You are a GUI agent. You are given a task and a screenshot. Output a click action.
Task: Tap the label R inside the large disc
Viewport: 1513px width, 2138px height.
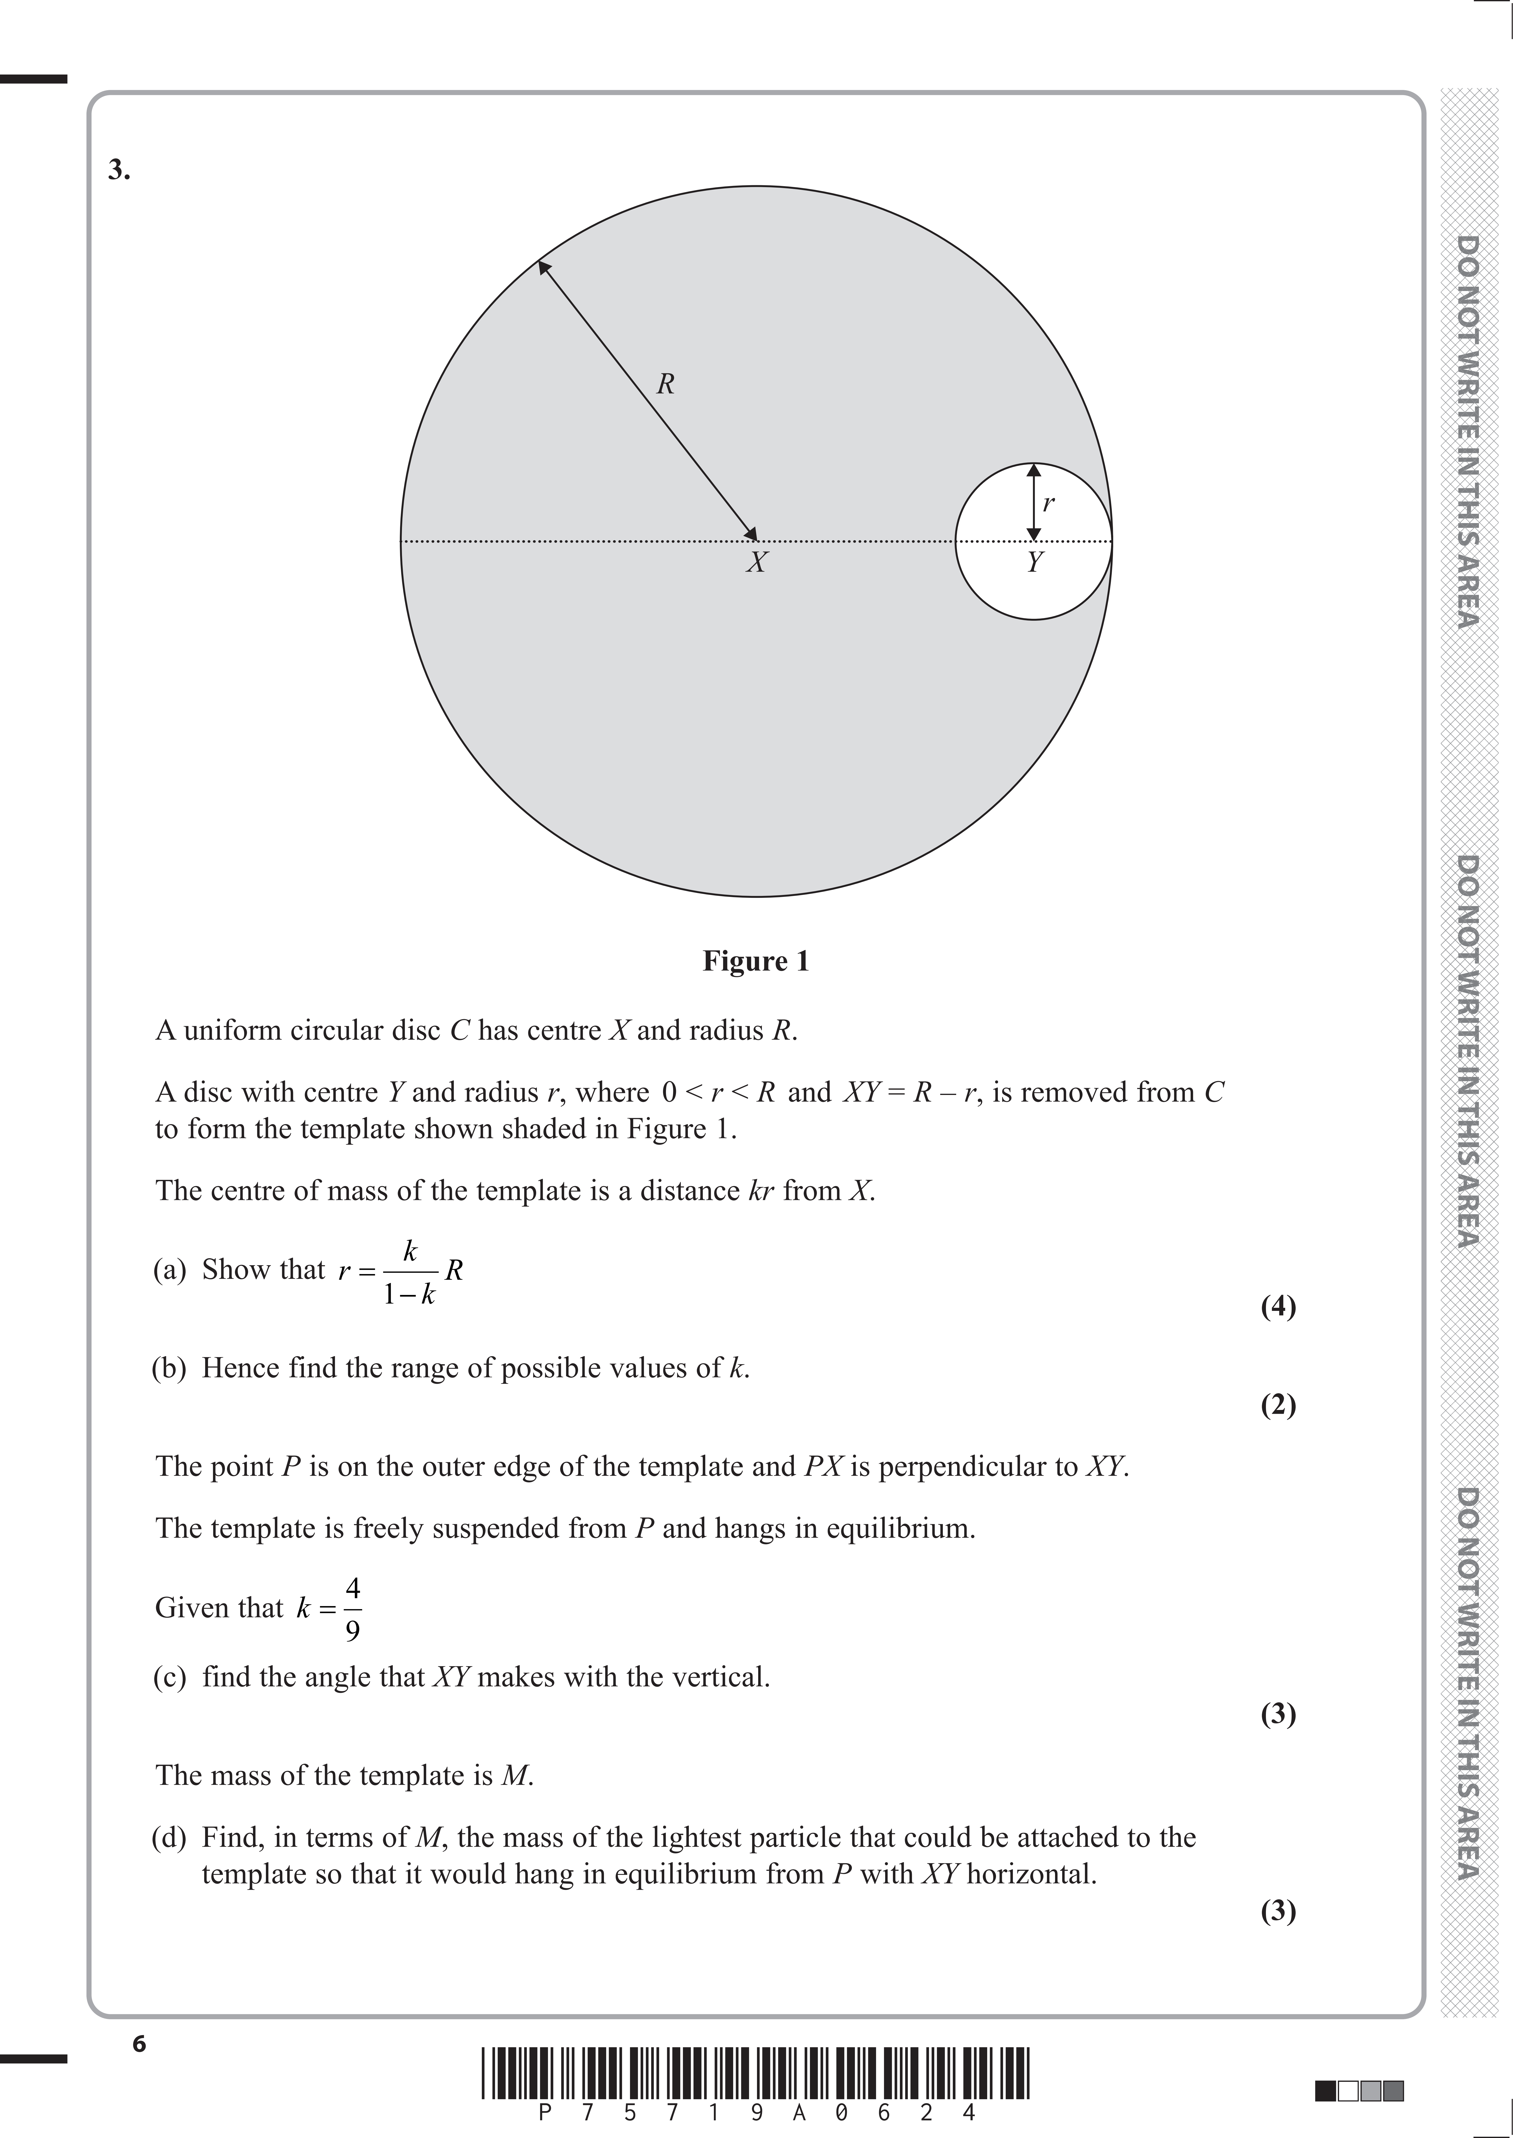pyautogui.click(x=665, y=384)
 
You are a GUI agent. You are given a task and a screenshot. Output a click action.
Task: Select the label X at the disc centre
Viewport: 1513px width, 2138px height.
pyautogui.click(x=756, y=562)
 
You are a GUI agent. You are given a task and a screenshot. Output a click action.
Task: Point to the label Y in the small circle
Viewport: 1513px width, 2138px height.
pyautogui.click(x=1034, y=561)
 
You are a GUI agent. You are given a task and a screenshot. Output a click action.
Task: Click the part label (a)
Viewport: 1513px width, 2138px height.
pyautogui.click(x=170, y=1269)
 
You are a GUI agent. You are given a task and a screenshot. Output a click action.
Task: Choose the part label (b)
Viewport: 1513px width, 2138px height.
pyautogui.click(x=170, y=1368)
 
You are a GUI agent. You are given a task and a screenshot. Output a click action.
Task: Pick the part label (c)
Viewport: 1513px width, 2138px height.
pyautogui.click(x=170, y=1677)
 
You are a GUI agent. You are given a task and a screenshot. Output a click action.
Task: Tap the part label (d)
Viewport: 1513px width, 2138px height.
pyautogui.click(x=170, y=1837)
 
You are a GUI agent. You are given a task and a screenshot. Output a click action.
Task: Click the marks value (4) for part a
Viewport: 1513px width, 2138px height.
pyautogui.click(x=1278, y=1307)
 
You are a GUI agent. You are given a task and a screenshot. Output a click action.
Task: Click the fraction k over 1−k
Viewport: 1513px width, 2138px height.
pyautogui.click(x=410, y=1272)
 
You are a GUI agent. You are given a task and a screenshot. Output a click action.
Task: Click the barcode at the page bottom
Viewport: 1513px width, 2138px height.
pyautogui.click(x=756, y=2073)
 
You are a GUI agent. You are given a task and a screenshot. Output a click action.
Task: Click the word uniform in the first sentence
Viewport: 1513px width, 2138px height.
pyautogui.click(x=233, y=1031)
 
